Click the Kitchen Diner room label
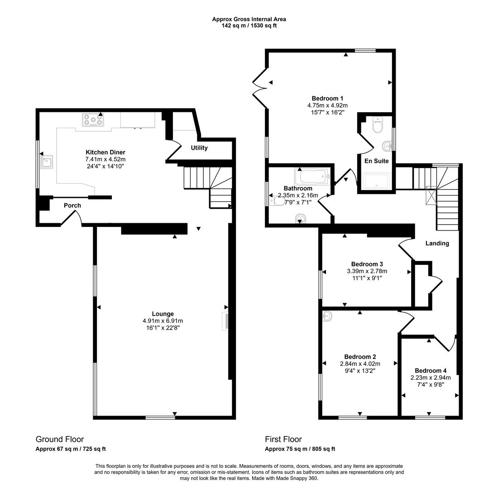(105, 152)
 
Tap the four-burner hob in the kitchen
(93, 120)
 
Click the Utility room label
(199, 148)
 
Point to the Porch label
(72, 206)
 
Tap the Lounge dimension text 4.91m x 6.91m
(163, 321)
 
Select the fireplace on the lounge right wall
(225, 321)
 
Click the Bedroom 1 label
(327, 98)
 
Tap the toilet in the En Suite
(377, 125)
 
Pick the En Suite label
(377, 161)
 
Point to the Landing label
(437, 243)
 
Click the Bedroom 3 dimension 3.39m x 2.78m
(367, 271)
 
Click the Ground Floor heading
(60, 439)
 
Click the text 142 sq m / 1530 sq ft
(249, 26)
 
